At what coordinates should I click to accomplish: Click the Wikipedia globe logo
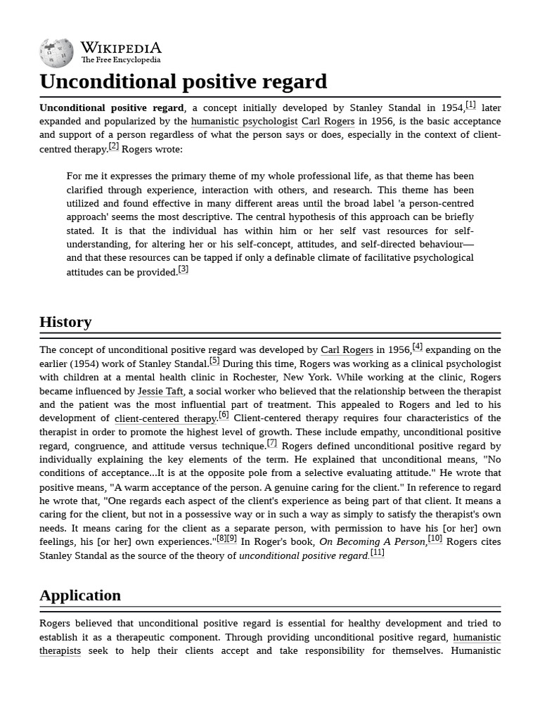point(56,53)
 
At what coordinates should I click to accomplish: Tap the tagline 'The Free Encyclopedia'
point(120,60)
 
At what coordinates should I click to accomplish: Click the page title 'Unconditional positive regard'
point(183,82)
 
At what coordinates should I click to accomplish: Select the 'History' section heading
point(65,322)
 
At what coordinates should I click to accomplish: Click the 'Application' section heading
point(80,596)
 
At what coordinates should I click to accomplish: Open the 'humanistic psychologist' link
point(244,122)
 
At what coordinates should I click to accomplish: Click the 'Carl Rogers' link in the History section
point(347,350)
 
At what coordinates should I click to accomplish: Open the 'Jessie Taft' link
point(160,391)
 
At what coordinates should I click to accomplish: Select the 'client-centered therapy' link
point(165,418)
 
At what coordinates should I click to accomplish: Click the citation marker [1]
point(470,105)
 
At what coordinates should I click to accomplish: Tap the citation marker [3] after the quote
point(183,269)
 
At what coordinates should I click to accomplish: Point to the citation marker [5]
point(214,361)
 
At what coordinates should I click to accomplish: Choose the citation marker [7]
point(271,443)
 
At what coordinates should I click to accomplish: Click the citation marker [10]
point(435,539)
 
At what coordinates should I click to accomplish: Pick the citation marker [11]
point(378,553)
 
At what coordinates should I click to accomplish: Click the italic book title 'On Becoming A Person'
point(373,542)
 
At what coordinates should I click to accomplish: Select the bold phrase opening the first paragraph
point(111,108)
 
